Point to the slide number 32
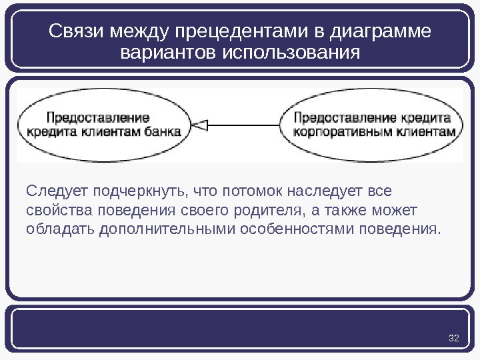point(455,339)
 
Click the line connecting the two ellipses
point(247,125)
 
